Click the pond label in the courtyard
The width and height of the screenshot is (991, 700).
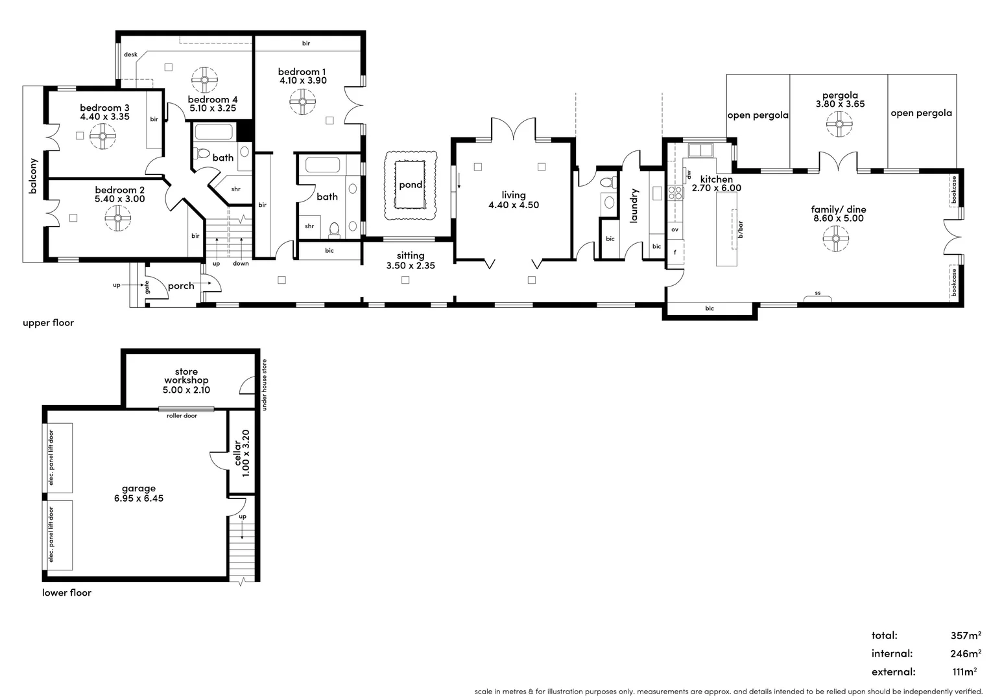(411, 185)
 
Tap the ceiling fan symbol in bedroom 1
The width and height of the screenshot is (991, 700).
(302, 101)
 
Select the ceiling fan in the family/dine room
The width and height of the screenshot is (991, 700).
(835, 239)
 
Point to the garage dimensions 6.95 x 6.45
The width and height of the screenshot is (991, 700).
(139, 498)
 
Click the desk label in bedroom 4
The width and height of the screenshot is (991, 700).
(130, 55)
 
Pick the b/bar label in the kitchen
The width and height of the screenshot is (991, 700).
(741, 229)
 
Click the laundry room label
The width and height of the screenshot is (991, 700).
(634, 205)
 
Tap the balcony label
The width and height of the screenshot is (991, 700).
(33, 176)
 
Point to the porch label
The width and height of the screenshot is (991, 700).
(181, 286)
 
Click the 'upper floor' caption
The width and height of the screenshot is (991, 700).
(49, 323)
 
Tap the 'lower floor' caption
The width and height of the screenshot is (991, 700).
(67, 592)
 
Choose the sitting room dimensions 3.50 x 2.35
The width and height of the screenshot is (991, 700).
(411, 266)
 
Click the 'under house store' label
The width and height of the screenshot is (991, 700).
(264, 385)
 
